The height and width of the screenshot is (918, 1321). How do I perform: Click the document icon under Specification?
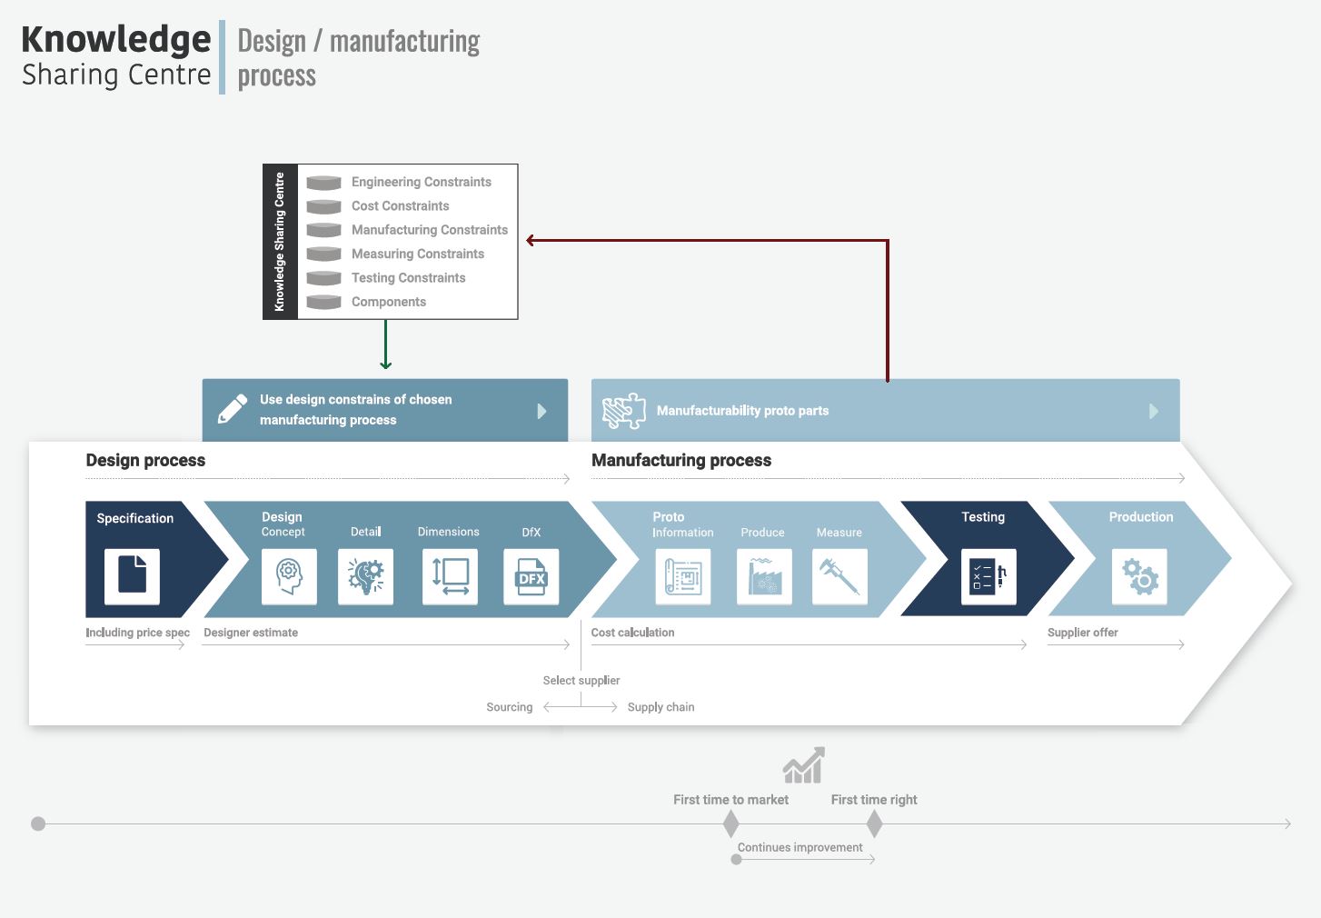tap(132, 576)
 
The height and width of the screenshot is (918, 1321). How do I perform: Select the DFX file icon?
tap(531, 576)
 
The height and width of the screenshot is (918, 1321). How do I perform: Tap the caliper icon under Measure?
tap(839, 576)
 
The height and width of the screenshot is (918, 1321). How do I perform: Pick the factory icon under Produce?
tap(764, 576)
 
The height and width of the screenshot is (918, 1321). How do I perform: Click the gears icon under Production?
tap(1139, 576)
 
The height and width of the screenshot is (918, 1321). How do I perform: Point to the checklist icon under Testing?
tap(988, 576)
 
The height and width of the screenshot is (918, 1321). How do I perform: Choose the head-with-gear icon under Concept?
tap(289, 576)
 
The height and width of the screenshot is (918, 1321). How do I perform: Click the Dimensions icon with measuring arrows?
tap(450, 576)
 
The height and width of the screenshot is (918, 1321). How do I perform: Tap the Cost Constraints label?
tap(400, 206)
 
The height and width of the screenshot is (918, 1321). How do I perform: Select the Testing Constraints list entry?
tap(408, 278)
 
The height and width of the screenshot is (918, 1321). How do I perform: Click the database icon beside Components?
tap(323, 302)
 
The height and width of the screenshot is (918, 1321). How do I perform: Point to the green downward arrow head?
tap(386, 364)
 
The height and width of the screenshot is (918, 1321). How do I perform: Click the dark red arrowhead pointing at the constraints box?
tap(530, 240)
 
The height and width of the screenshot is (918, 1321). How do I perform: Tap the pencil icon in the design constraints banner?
tap(233, 409)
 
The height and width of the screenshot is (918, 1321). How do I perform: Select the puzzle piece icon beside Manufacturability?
tap(624, 410)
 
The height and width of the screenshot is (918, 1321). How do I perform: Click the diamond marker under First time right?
tap(875, 823)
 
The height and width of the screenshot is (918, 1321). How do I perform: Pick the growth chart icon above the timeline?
tap(804, 765)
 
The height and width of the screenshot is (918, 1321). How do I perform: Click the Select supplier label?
tap(581, 680)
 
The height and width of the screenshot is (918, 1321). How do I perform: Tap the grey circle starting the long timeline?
tap(38, 823)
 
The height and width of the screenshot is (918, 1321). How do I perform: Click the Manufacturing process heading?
tap(681, 460)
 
